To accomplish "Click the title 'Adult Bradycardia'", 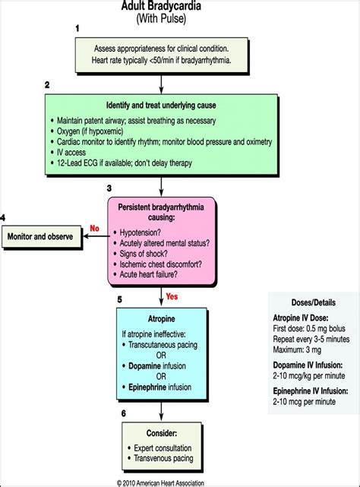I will point(161,6).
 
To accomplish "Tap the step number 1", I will point(77,27).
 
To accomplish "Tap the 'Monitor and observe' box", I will point(41,236).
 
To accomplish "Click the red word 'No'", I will point(95,226).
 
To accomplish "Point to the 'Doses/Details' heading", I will point(311,302).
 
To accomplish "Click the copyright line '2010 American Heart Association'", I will point(162,481).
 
